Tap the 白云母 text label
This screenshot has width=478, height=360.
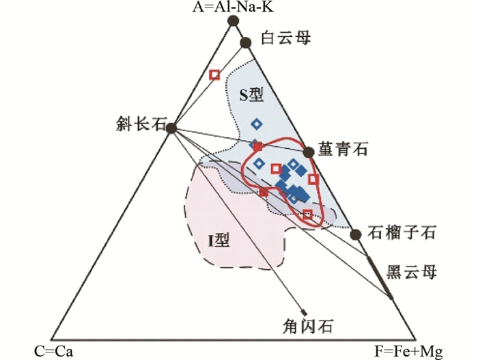(286, 39)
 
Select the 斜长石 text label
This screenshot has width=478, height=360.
(141, 125)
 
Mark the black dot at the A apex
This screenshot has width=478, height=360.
(232, 20)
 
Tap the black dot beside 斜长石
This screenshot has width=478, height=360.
(171, 127)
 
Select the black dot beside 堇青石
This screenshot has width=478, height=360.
(307, 151)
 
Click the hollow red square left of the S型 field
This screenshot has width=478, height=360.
(214, 74)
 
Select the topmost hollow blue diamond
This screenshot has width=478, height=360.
(257, 124)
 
